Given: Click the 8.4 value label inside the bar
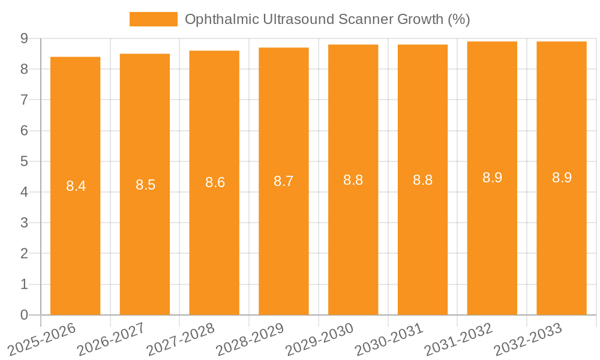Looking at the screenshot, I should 76,186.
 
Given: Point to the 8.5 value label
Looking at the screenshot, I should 145,185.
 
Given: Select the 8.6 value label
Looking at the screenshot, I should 215,182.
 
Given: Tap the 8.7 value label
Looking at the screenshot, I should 284,181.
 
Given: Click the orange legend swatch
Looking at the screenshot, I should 154,19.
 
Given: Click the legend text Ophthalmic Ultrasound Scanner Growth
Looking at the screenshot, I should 327,19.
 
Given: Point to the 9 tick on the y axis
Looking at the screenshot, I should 24,38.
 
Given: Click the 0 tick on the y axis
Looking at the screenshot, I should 24,315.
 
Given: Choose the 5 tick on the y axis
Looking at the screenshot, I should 24,161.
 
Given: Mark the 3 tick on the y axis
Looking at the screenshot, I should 24,223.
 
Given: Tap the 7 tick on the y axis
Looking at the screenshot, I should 24,100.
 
